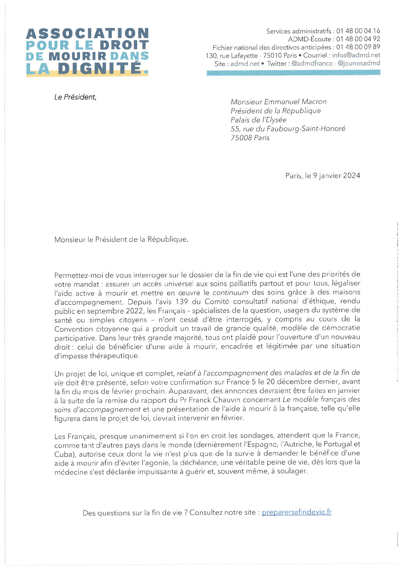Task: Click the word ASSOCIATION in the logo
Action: click(x=87, y=34)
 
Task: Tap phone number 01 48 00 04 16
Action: click(x=358, y=31)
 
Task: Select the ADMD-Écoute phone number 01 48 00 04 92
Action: click(x=358, y=39)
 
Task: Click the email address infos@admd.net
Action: click(x=356, y=55)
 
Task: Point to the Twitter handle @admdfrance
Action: click(x=312, y=63)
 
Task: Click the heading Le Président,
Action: click(x=75, y=97)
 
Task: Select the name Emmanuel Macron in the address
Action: click(x=295, y=102)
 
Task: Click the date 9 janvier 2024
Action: click(x=336, y=176)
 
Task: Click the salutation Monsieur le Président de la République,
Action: click(x=121, y=240)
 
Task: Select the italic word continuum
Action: click(x=230, y=293)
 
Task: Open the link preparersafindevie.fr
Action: click(x=296, y=512)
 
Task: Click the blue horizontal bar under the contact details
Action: click(x=293, y=73)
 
